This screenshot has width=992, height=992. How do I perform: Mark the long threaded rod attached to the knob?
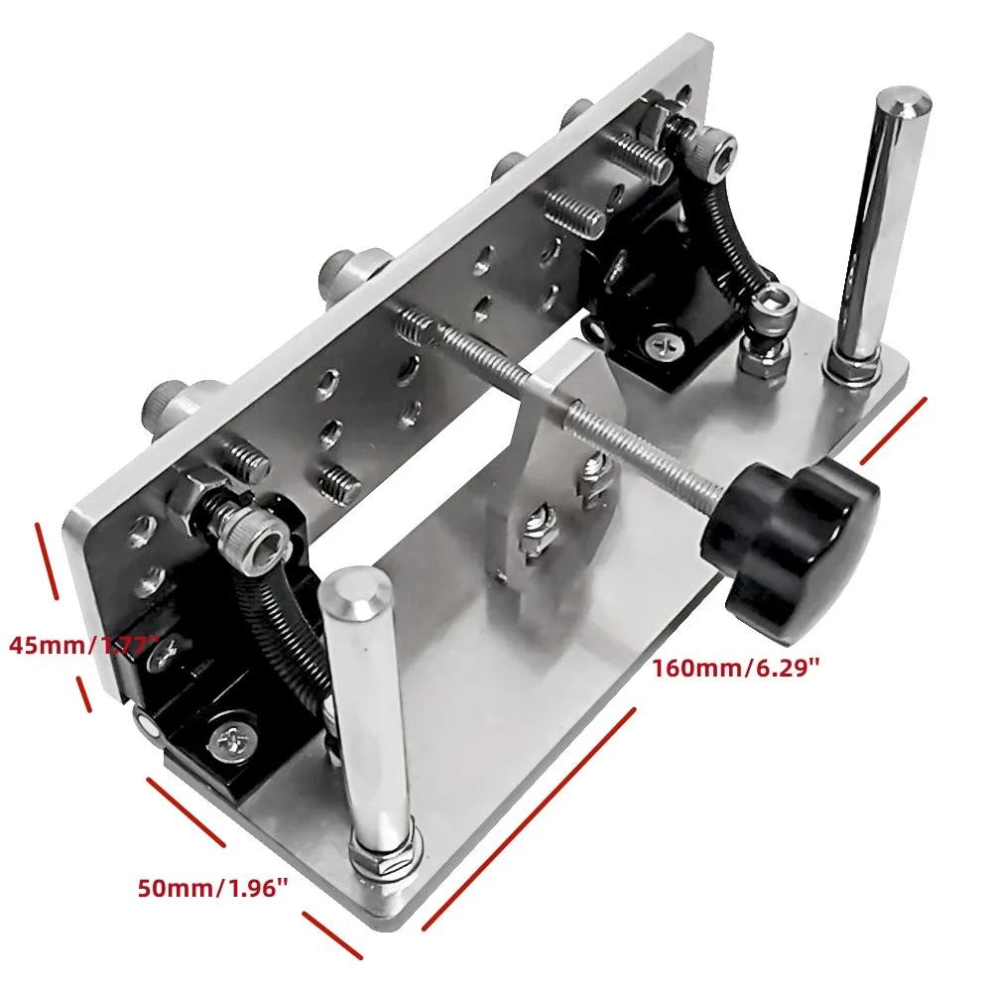[556, 397]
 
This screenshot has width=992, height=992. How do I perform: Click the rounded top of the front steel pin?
[352, 593]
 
